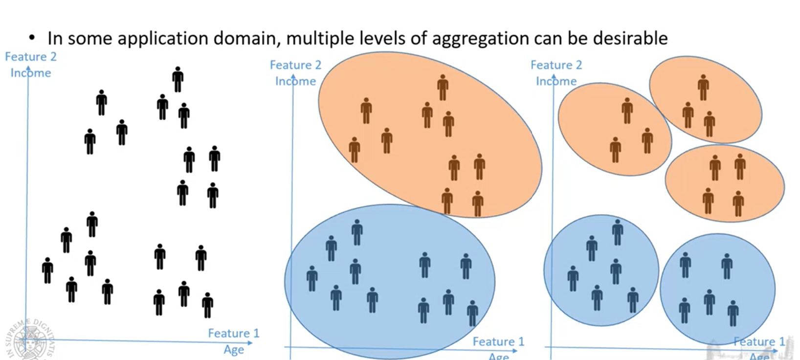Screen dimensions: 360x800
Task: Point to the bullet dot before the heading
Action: pos(32,38)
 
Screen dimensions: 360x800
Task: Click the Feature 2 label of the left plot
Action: pos(31,57)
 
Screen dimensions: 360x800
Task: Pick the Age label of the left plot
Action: pos(234,350)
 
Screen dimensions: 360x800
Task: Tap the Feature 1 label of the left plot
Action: pos(233,334)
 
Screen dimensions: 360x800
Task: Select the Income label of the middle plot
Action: pos(295,81)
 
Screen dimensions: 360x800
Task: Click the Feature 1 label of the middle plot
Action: pos(498,341)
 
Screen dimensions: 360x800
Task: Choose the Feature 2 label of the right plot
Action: pos(556,65)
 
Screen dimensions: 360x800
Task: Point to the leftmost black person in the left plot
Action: pos(47,270)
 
